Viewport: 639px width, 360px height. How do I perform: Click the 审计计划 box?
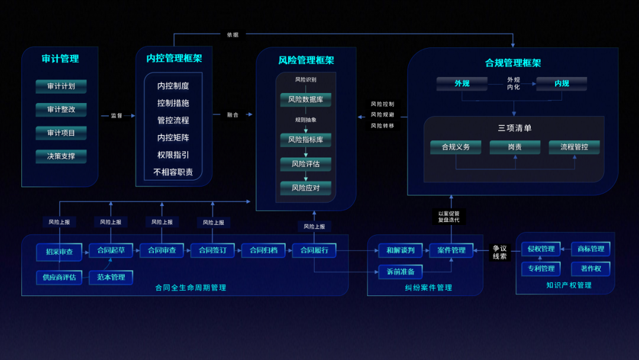point(61,86)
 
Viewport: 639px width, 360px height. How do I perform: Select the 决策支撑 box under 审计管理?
point(61,156)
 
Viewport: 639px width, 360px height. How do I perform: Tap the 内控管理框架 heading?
point(174,59)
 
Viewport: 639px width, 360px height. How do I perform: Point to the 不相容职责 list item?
point(173,172)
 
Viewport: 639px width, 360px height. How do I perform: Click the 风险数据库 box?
point(305,99)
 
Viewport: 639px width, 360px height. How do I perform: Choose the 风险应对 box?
point(305,188)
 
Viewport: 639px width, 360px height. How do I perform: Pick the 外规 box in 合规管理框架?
point(462,83)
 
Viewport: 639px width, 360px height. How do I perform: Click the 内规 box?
point(561,83)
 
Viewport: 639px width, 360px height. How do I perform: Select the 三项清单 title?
point(515,128)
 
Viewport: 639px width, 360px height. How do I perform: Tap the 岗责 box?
point(515,147)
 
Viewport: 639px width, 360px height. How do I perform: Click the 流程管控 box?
point(574,147)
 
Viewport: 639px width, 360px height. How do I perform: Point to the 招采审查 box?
point(59,252)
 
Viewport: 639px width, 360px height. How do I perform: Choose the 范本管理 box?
point(111,277)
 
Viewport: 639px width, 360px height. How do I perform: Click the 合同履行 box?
point(314,250)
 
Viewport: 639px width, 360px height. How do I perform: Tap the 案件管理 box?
point(451,250)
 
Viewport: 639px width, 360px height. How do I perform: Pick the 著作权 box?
point(590,269)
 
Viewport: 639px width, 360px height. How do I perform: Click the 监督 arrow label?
point(116,115)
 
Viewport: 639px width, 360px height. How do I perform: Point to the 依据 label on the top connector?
point(233,34)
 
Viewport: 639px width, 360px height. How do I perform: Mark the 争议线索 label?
point(500,252)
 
